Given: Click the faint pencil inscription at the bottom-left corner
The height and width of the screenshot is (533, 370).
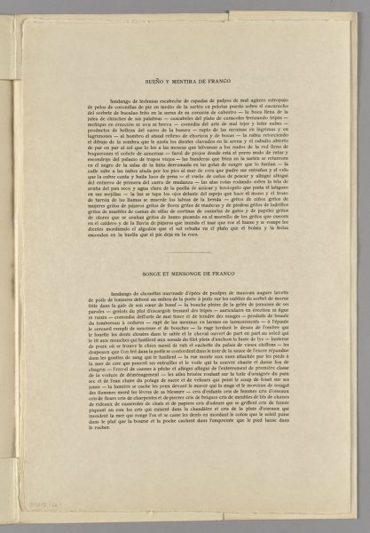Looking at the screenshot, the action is [x=36, y=504].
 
